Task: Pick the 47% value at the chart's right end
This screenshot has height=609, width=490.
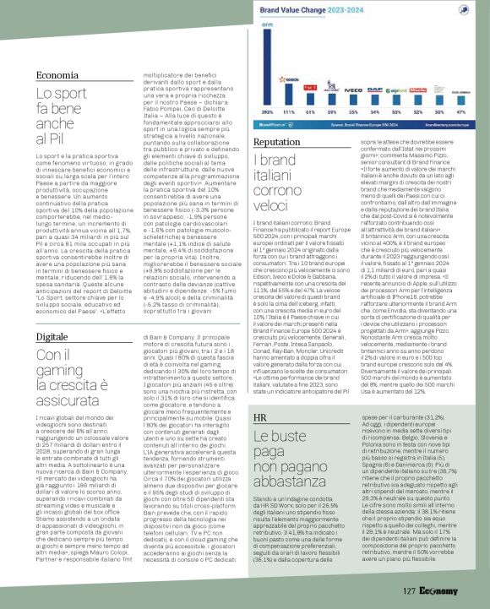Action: click(465, 111)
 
